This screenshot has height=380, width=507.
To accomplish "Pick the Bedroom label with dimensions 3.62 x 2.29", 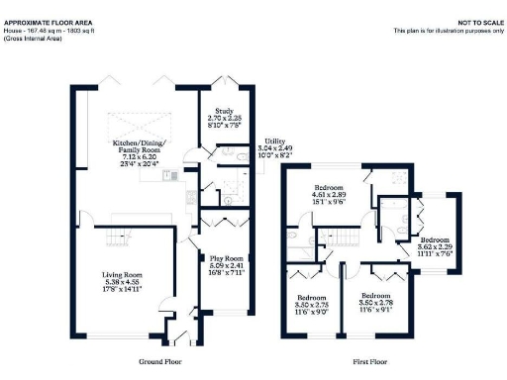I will pyautogui.click(x=433, y=240).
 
